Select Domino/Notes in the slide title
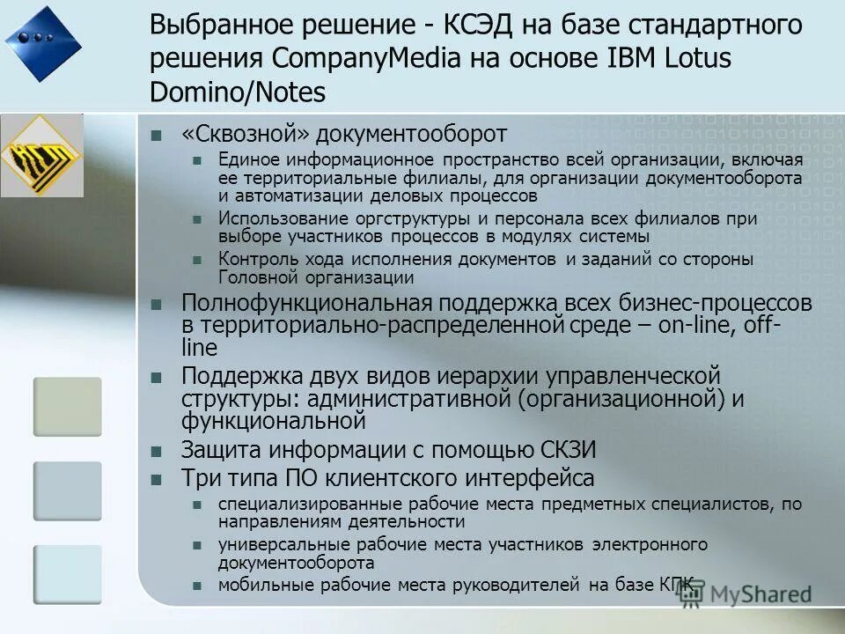237,92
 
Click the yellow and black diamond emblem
42,156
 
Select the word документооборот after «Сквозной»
412,134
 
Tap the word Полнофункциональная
305,304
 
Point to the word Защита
217,450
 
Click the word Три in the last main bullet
199,478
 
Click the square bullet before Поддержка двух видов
157,377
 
